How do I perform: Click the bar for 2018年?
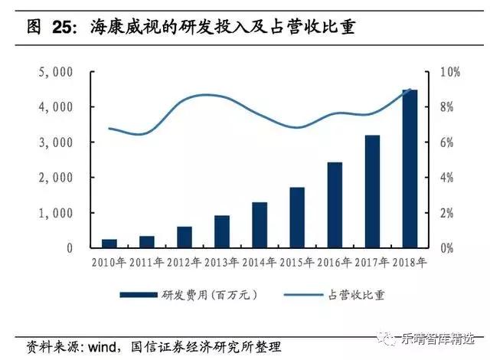[x=410, y=169]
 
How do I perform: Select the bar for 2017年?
[x=372, y=191]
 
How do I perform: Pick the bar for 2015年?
[x=297, y=218]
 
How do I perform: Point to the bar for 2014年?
[x=260, y=225]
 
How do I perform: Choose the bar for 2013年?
[x=222, y=232]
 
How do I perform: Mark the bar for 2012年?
[x=185, y=237]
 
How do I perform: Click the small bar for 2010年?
[x=109, y=244]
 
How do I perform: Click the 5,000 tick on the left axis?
[x=55, y=72]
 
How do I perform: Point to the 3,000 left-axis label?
[x=55, y=142]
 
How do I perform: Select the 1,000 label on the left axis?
[x=55, y=213]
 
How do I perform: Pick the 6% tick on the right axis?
[x=446, y=142]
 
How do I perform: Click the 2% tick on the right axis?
[x=446, y=213]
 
